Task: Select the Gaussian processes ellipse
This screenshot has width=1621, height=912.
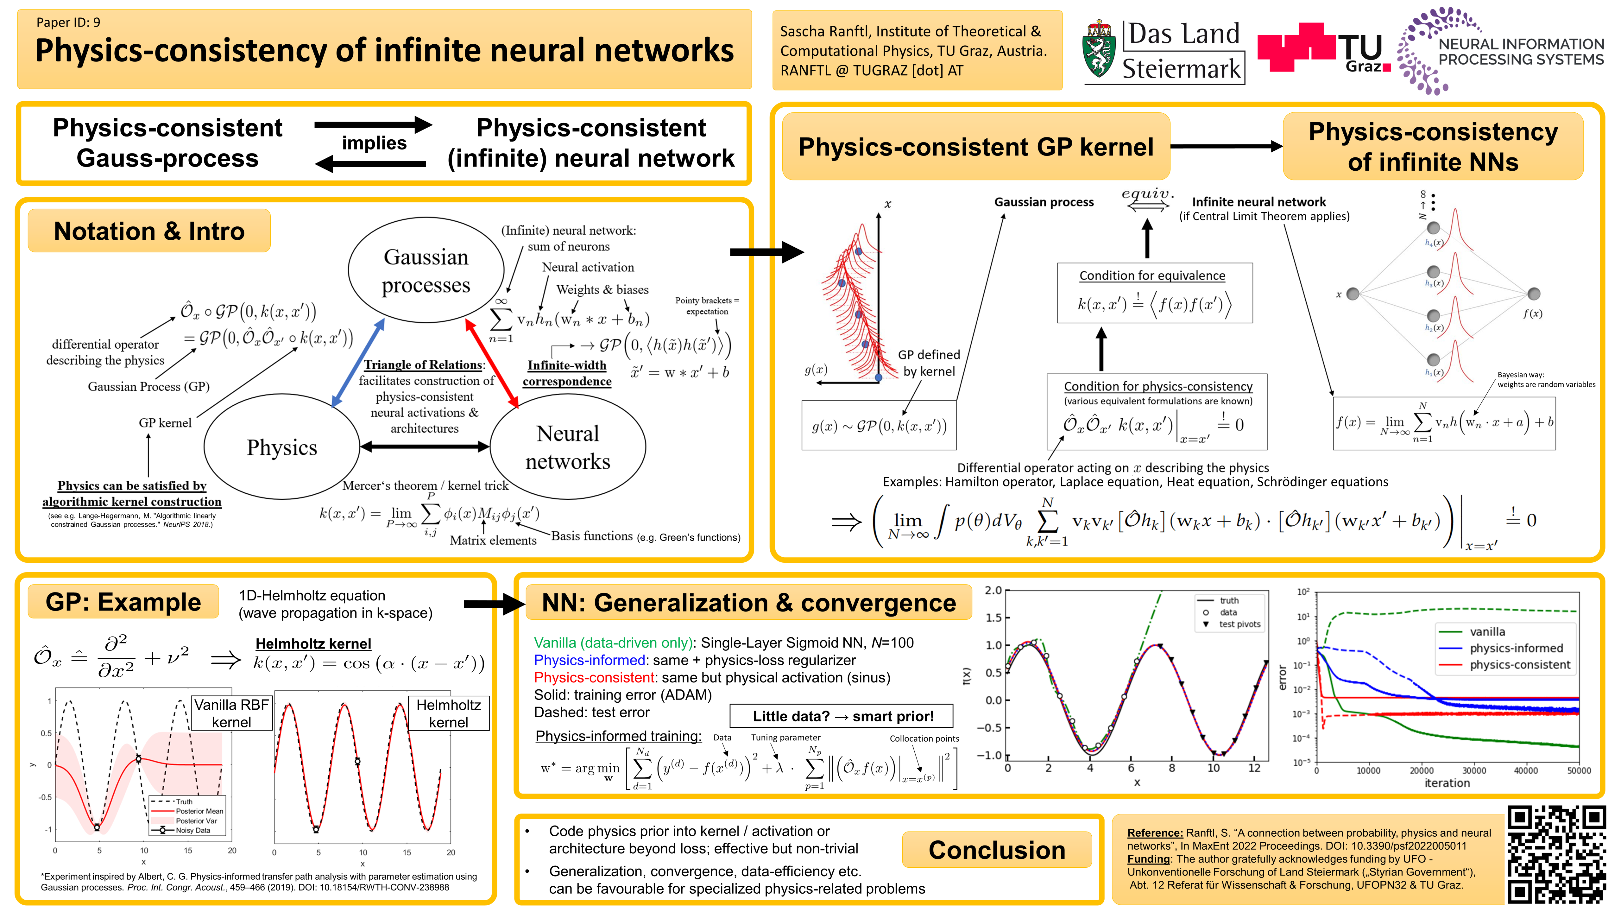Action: [x=426, y=271]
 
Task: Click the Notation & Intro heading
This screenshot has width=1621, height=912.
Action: [x=149, y=231]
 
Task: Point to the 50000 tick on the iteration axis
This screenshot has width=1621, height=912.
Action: [x=1578, y=770]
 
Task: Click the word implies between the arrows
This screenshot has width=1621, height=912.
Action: [x=374, y=143]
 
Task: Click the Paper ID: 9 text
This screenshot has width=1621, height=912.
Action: [x=68, y=23]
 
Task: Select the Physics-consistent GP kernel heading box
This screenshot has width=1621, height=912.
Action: [x=975, y=147]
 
